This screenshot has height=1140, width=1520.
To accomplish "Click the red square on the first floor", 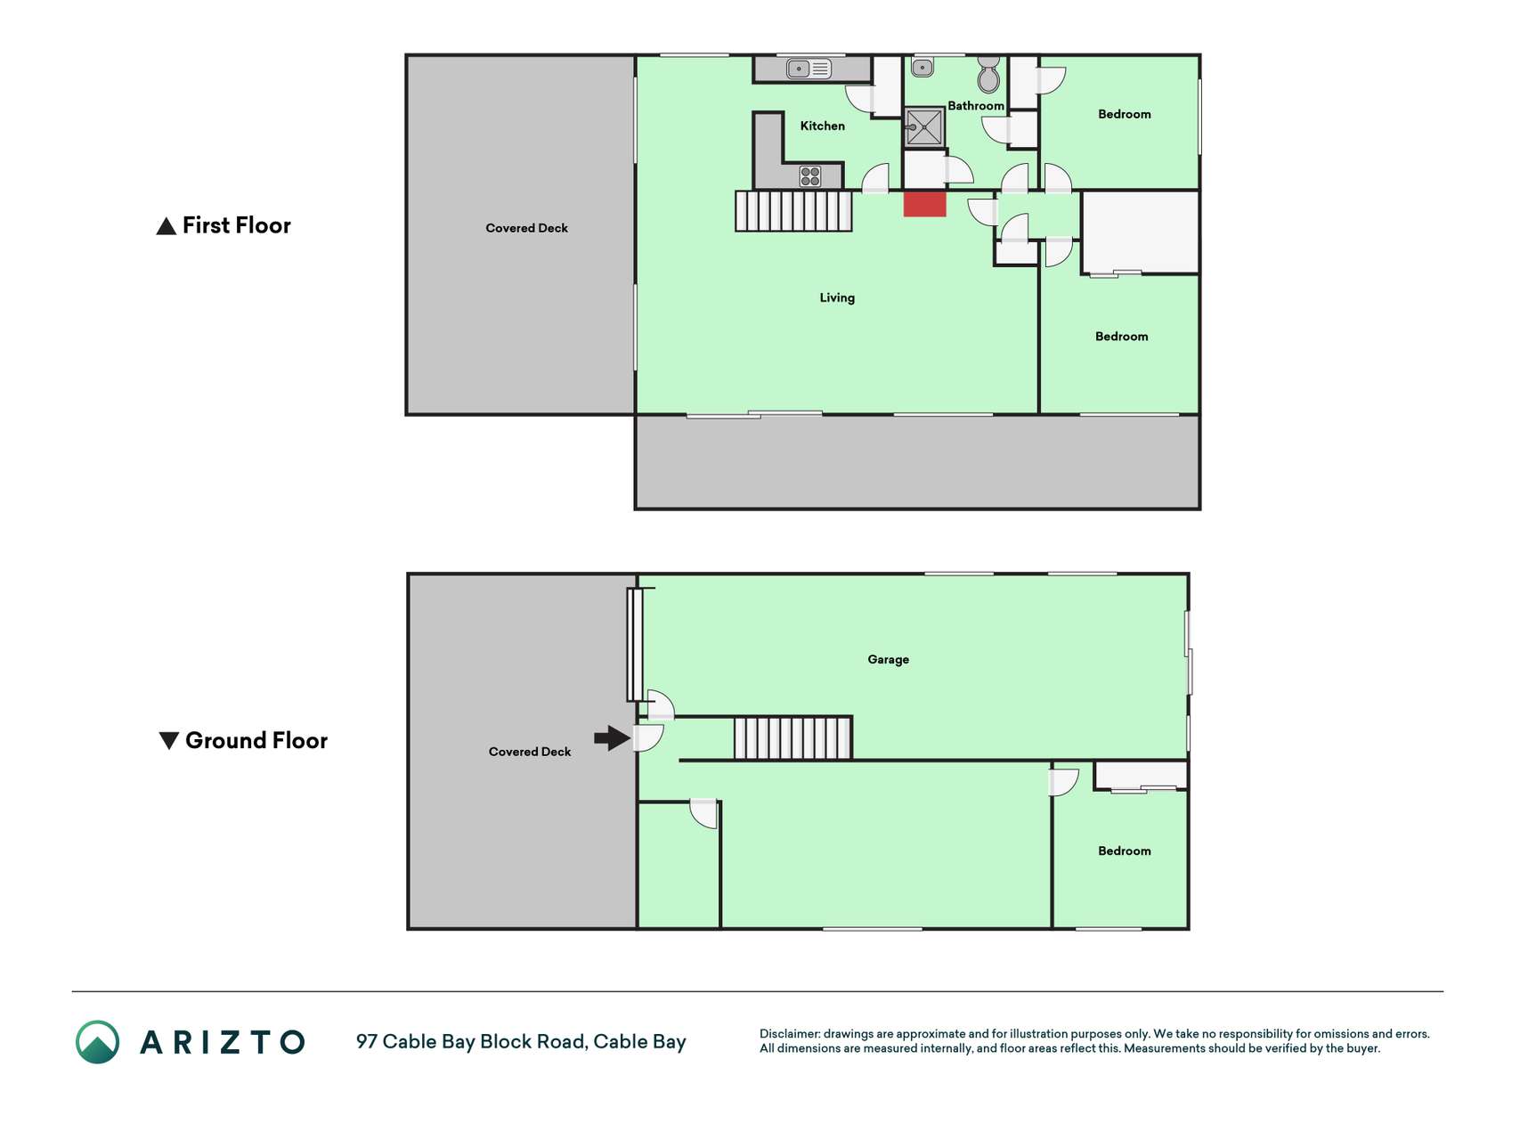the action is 924,203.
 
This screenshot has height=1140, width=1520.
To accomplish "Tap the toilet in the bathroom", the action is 988,75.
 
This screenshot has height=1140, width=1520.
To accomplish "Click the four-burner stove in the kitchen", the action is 810,176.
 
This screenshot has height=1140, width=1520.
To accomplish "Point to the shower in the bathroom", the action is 924,127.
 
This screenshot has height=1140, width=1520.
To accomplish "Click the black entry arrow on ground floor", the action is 613,737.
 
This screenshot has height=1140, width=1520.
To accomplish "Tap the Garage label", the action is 888,659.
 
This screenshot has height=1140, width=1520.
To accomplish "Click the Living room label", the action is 837,297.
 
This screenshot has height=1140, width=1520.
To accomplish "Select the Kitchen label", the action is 822,126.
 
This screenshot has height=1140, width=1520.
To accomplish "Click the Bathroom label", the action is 976,105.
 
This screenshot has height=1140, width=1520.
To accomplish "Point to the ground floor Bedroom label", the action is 1124,851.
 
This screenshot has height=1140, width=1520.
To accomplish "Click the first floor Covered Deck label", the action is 526,228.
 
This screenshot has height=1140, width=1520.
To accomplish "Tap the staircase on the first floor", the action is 793,211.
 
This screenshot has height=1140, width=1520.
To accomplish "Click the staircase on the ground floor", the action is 793,737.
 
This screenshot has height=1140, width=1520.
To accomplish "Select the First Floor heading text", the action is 237,225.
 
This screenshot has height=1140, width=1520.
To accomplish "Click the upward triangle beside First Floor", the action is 166,226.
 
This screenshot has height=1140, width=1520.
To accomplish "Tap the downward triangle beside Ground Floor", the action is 168,740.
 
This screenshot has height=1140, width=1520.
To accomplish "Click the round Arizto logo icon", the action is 97,1041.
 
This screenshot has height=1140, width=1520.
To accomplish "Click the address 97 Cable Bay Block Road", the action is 471,1041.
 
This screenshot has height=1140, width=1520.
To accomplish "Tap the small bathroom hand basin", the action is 923,67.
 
